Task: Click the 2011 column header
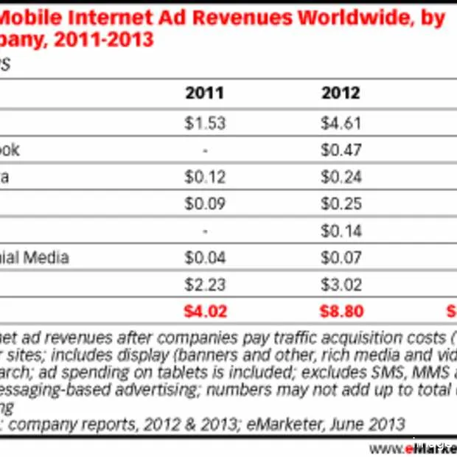click(x=204, y=93)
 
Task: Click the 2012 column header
click(x=341, y=93)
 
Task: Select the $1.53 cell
click(x=204, y=123)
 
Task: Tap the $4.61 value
click(x=341, y=123)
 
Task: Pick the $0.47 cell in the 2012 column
click(x=341, y=150)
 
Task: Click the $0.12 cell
click(x=204, y=177)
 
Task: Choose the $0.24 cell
click(x=341, y=177)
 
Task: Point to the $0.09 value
click(x=204, y=203)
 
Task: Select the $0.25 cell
click(x=341, y=203)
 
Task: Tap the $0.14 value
click(x=341, y=231)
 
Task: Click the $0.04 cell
click(x=204, y=257)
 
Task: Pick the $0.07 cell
click(x=341, y=257)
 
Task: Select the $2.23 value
click(x=204, y=285)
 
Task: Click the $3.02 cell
click(x=341, y=285)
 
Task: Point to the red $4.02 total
click(x=204, y=311)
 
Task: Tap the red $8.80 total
click(x=341, y=311)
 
